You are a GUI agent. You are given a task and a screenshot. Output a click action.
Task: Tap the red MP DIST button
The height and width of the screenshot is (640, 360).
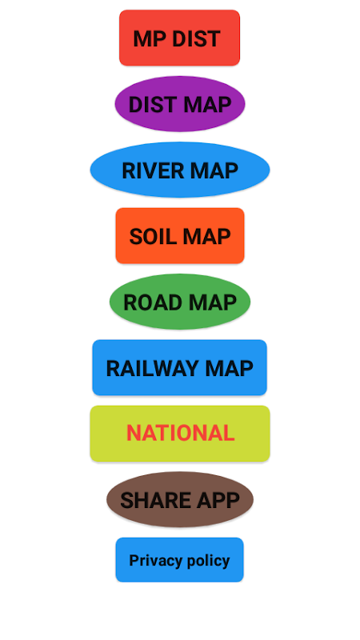coord(179,38)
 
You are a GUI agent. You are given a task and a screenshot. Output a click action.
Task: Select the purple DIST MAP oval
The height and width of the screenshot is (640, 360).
coord(180,104)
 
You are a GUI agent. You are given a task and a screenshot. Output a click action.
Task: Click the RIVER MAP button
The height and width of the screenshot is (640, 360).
coord(180,170)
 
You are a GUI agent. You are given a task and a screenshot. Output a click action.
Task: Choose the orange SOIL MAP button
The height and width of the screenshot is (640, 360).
coord(180,236)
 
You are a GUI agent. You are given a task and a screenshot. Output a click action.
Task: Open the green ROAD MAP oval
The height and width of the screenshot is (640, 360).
coord(180,302)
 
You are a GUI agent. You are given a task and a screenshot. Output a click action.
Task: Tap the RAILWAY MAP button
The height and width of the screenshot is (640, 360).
coord(179,368)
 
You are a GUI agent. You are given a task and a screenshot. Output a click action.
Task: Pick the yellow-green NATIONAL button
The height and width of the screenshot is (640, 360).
coord(180,434)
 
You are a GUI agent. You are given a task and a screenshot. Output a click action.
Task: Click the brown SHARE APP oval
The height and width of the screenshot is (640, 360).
coord(180,499)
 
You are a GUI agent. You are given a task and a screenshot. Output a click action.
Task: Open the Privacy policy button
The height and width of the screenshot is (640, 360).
coord(179,560)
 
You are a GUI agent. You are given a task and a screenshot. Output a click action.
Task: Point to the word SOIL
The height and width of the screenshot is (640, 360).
coord(152,236)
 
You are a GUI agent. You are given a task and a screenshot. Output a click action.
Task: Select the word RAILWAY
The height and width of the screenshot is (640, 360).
coord(152,369)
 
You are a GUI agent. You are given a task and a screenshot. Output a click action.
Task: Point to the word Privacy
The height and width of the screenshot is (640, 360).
coord(150,561)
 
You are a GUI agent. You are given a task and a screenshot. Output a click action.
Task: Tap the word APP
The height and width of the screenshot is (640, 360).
coord(218,500)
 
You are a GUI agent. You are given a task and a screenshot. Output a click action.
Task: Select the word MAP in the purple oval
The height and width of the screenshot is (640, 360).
coord(207,105)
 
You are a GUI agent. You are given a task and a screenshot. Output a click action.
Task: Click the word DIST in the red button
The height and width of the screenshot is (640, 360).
coord(196,38)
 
